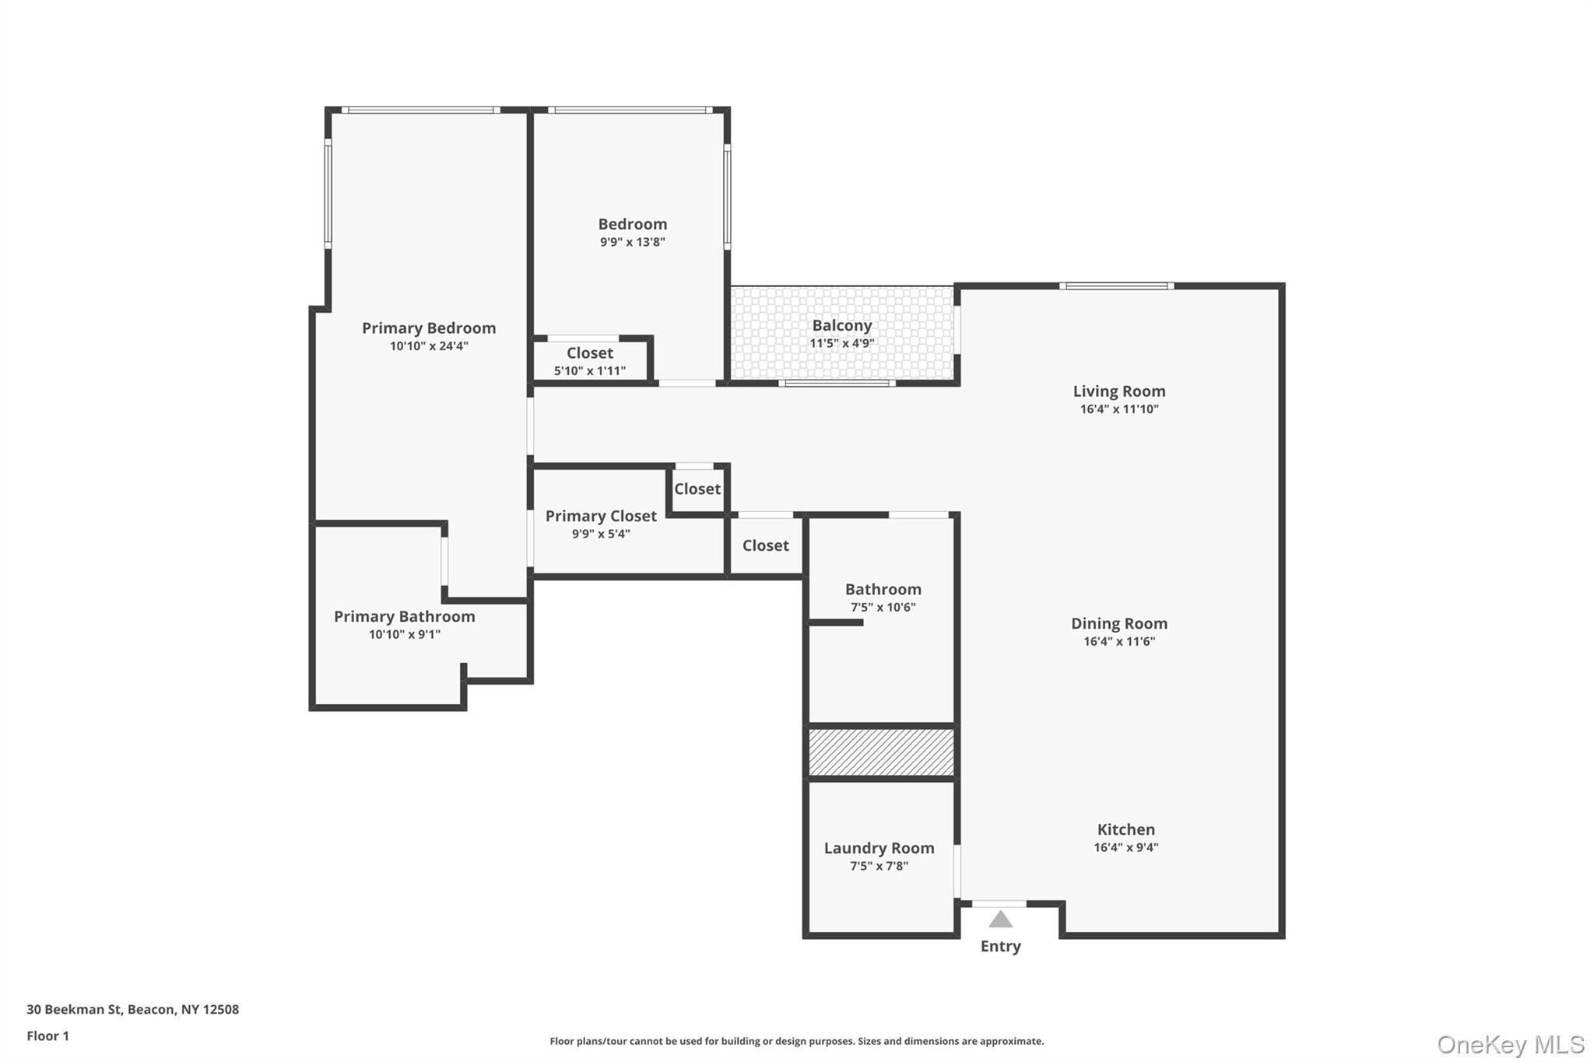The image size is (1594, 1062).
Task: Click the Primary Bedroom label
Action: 428,328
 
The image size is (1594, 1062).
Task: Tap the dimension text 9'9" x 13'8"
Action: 632,242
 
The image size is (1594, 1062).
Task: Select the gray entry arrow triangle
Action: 1000,920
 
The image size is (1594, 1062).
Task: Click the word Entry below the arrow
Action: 1000,946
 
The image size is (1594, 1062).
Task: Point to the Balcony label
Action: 841,326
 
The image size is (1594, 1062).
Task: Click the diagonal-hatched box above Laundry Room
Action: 881,752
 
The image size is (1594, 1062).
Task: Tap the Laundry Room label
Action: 879,848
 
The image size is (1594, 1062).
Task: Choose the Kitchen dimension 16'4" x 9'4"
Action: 1125,847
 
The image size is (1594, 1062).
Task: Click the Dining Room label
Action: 1118,623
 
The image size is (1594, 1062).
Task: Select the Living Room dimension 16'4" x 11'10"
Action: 1118,409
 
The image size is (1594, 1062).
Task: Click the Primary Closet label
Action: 600,516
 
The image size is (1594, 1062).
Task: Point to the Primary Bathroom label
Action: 404,616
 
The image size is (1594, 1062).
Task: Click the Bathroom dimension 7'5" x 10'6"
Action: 883,608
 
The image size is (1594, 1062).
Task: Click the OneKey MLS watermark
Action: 1510,1044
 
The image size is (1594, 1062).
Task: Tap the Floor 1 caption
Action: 47,1036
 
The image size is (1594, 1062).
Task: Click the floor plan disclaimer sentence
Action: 796,1041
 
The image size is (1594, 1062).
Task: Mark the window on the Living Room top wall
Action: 1116,286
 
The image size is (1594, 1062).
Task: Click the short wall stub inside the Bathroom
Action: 836,622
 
